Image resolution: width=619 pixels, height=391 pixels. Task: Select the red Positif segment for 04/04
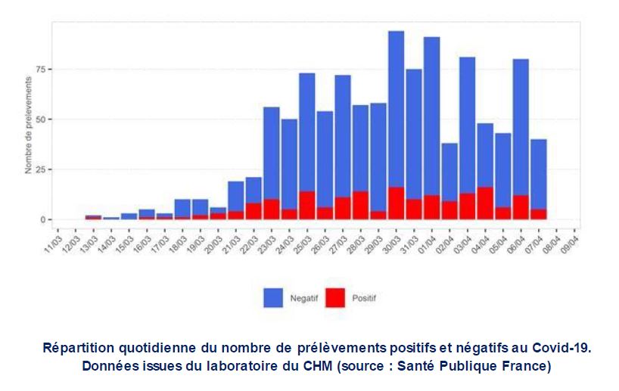click(485, 203)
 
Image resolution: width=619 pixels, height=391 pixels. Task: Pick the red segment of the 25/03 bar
click(306, 205)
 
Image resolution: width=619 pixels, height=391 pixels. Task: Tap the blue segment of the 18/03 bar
click(182, 208)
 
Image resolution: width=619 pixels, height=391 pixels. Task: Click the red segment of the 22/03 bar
click(254, 211)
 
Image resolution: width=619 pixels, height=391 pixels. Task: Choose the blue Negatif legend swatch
click(272, 298)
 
